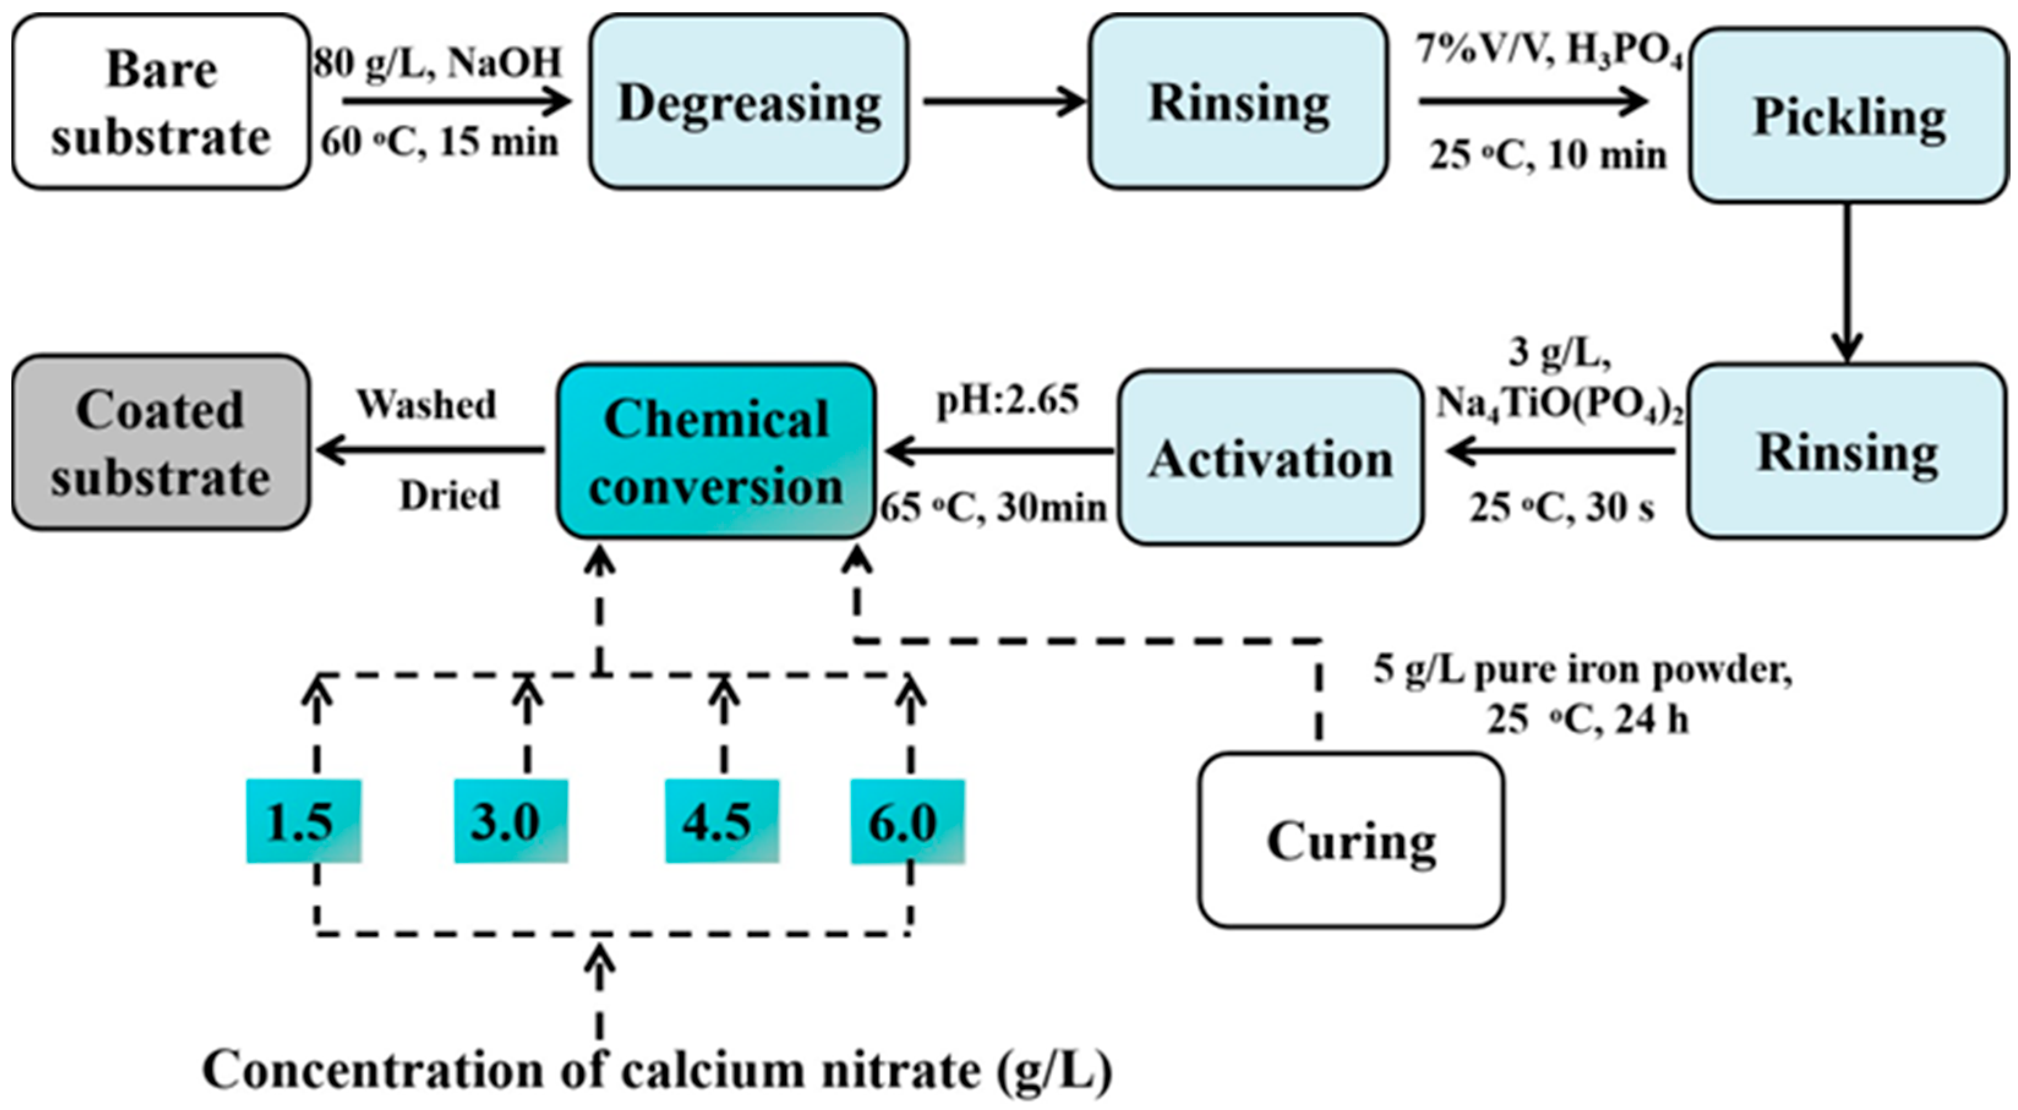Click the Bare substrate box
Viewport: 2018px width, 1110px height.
[160, 102]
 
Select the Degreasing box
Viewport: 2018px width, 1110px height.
[749, 102]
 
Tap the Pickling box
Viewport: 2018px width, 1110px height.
[1848, 116]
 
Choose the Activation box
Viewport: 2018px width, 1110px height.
[1270, 458]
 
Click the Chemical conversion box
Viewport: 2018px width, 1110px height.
[716, 451]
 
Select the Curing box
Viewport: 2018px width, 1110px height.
[1350, 841]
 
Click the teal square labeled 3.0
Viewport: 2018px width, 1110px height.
[511, 821]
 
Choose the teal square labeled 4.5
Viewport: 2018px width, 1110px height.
[721, 821]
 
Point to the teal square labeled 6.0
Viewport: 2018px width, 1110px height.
[907, 821]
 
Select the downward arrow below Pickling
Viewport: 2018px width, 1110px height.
[1848, 282]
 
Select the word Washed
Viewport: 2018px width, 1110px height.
[427, 404]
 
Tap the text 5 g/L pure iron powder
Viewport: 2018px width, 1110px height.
[1582, 671]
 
